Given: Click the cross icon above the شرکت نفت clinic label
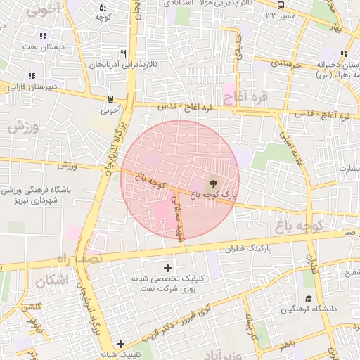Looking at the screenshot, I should click(x=167, y=268).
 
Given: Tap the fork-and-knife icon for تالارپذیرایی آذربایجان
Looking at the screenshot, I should click(x=124, y=53).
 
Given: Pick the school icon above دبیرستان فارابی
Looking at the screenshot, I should click(x=32, y=76).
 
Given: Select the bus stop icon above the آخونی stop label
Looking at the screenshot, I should click(x=110, y=99).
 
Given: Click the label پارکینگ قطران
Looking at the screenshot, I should click(x=249, y=249).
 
